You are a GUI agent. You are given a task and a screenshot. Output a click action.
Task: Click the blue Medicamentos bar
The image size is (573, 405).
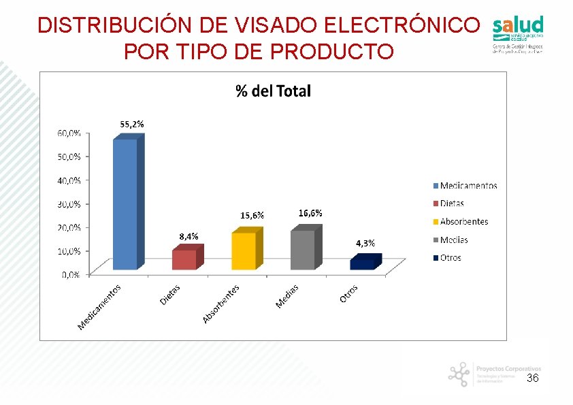tap(125, 204)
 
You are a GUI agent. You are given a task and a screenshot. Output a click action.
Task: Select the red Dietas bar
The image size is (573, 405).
tap(184, 259)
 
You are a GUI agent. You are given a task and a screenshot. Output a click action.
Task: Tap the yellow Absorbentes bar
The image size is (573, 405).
tap(243, 251)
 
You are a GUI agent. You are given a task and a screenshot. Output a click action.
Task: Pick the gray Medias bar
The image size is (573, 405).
tap(303, 250)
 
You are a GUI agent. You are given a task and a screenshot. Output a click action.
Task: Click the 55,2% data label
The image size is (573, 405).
tap(132, 125)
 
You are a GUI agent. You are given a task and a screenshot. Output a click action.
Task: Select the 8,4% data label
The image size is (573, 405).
tap(189, 236)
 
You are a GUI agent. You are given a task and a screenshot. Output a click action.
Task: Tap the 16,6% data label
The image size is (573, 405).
tap(310, 213)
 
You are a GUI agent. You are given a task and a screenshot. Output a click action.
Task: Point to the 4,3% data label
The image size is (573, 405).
tap(365, 243)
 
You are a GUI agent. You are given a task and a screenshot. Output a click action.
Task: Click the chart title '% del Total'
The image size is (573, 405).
tap(273, 91)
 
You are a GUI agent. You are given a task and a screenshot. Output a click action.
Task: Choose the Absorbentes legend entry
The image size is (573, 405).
tap(463, 222)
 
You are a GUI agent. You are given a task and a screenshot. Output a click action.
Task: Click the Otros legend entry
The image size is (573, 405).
tap(450, 258)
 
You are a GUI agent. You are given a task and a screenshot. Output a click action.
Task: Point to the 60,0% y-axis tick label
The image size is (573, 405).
tap(68, 133)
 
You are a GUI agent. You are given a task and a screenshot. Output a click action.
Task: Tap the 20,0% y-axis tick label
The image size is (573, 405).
tap(68, 227)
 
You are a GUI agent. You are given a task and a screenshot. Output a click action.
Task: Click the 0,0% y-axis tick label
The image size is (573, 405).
tap(71, 274)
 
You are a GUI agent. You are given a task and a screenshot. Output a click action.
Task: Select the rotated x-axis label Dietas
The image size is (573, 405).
tap(170, 295)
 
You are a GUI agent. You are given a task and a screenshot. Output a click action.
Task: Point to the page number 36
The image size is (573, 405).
tap(533, 378)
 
